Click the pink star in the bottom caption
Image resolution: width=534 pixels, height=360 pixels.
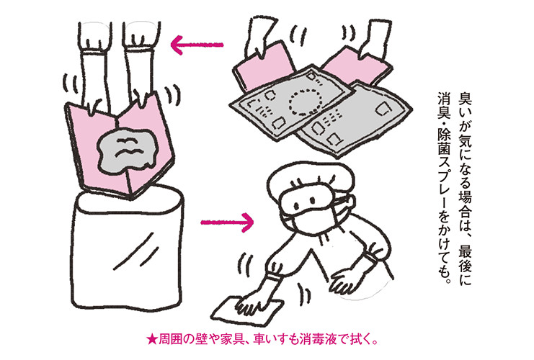coord(151,338)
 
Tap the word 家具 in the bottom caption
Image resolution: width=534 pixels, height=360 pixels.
coord(231,338)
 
